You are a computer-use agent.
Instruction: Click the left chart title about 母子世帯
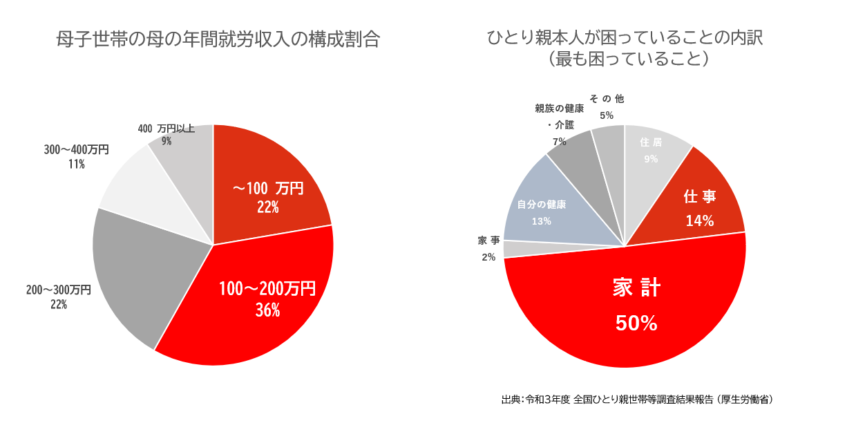click(x=218, y=39)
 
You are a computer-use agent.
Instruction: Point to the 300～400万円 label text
click(x=77, y=149)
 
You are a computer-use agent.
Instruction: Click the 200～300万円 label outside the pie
click(x=59, y=290)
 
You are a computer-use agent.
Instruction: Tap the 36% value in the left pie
click(x=267, y=310)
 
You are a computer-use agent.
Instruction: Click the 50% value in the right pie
click(x=636, y=323)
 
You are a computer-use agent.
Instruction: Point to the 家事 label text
click(x=488, y=241)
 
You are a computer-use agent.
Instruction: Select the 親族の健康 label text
click(x=559, y=109)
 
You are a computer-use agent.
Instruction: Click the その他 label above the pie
click(x=607, y=99)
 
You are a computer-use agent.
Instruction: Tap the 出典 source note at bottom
click(x=637, y=400)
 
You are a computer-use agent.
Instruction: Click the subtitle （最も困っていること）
click(x=628, y=59)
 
